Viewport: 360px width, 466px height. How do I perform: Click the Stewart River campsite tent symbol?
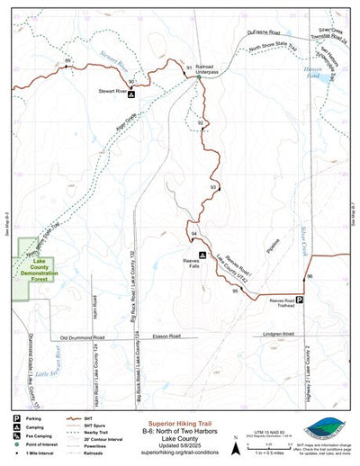click(x=131, y=94)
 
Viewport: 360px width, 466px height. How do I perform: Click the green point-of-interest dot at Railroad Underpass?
click(x=199, y=77)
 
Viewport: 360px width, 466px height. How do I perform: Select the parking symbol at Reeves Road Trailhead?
click(x=301, y=301)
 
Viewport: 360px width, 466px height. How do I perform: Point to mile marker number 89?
click(x=67, y=60)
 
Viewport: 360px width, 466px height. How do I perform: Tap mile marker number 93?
click(x=213, y=187)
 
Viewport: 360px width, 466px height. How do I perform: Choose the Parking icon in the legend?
click(x=16, y=419)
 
